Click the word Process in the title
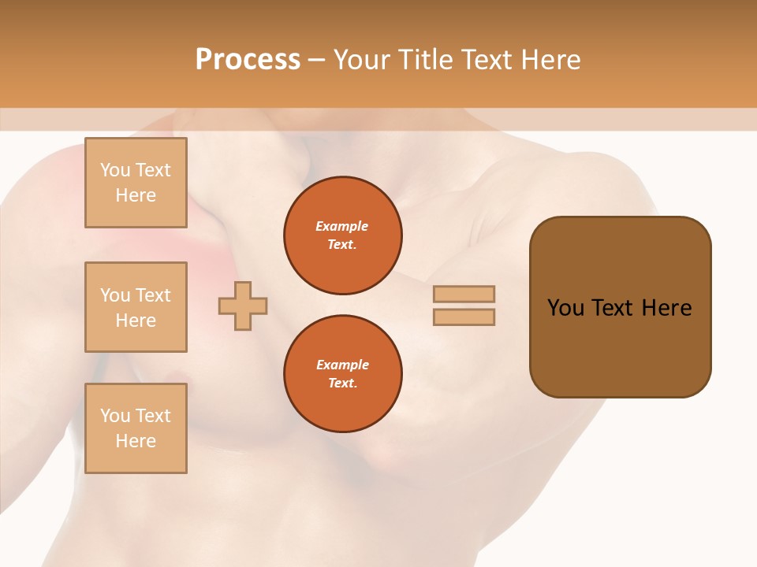248,60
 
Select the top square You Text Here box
136,183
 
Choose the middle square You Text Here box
136,307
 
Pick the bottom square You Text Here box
136,428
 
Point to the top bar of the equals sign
464,295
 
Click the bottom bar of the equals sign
464,317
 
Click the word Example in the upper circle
342,226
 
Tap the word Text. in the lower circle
342,383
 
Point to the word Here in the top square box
136,195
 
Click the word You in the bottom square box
115,416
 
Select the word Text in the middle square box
152,295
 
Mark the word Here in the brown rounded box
666,308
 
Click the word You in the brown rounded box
565,308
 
